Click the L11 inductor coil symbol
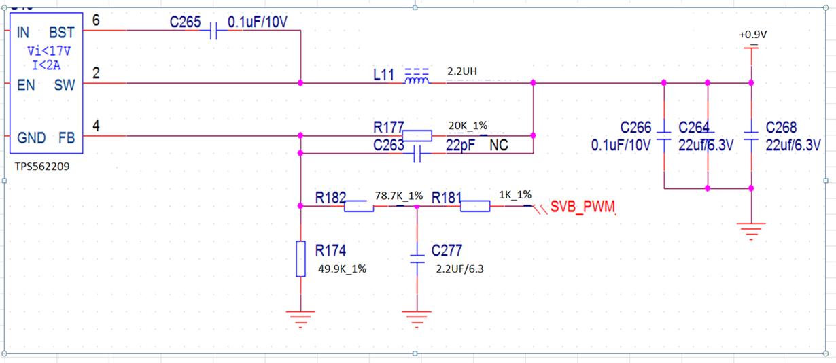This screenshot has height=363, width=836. click(x=417, y=80)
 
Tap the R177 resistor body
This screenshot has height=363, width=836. click(x=417, y=136)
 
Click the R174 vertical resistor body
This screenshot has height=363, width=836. click(x=300, y=258)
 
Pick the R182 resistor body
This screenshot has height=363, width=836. click(x=358, y=205)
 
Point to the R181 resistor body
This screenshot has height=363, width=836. click(x=475, y=205)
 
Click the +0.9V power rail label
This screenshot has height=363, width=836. click(x=752, y=35)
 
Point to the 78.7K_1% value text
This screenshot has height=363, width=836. click(x=399, y=196)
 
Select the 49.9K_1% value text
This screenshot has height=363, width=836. click(x=342, y=269)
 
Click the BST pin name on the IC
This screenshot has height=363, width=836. click(x=61, y=33)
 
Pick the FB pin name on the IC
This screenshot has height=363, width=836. click(x=66, y=138)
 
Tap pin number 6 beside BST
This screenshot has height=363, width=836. click(x=96, y=20)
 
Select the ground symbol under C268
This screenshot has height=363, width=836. click(x=751, y=231)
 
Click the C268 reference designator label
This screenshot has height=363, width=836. click(x=781, y=128)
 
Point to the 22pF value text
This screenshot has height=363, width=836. click(x=460, y=146)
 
